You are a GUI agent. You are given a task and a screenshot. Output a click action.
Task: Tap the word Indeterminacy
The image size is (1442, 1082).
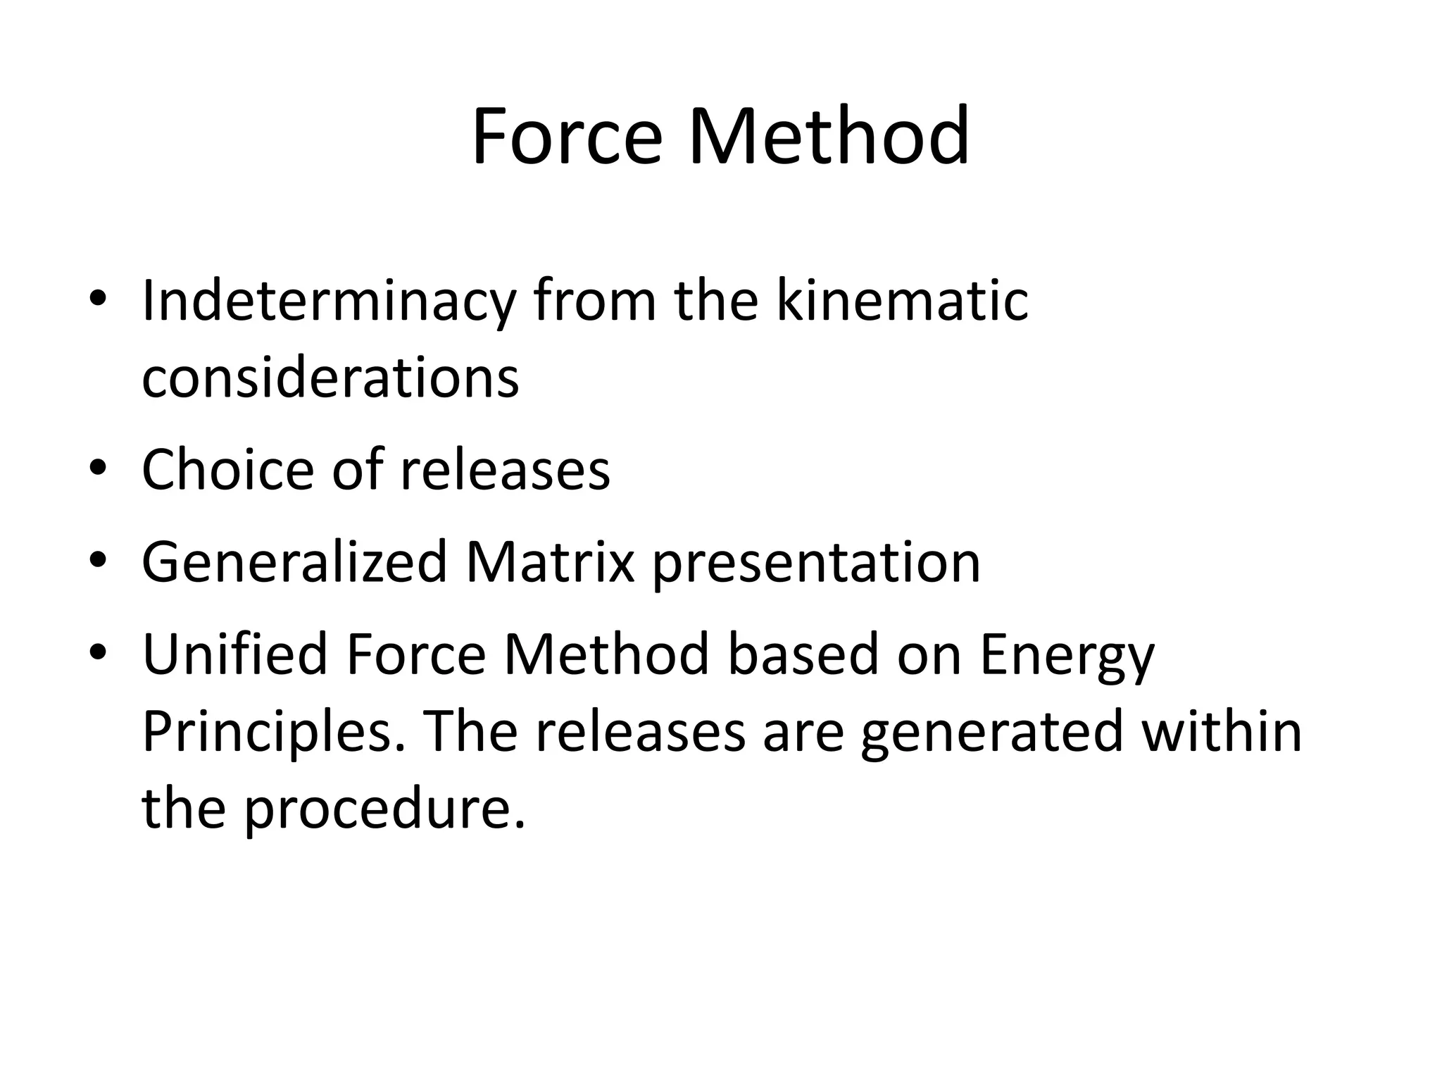click(x=329, y=301)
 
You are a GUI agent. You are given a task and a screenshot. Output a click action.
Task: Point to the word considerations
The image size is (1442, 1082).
click(x=330, y=377)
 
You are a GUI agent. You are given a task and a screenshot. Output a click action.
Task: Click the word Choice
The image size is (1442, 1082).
click(x=227, y=469)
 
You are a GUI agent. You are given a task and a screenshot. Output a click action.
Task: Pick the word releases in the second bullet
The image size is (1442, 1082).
click(x=505, y=469)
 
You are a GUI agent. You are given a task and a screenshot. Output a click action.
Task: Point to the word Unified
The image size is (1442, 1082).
click(x=234, y=654)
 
